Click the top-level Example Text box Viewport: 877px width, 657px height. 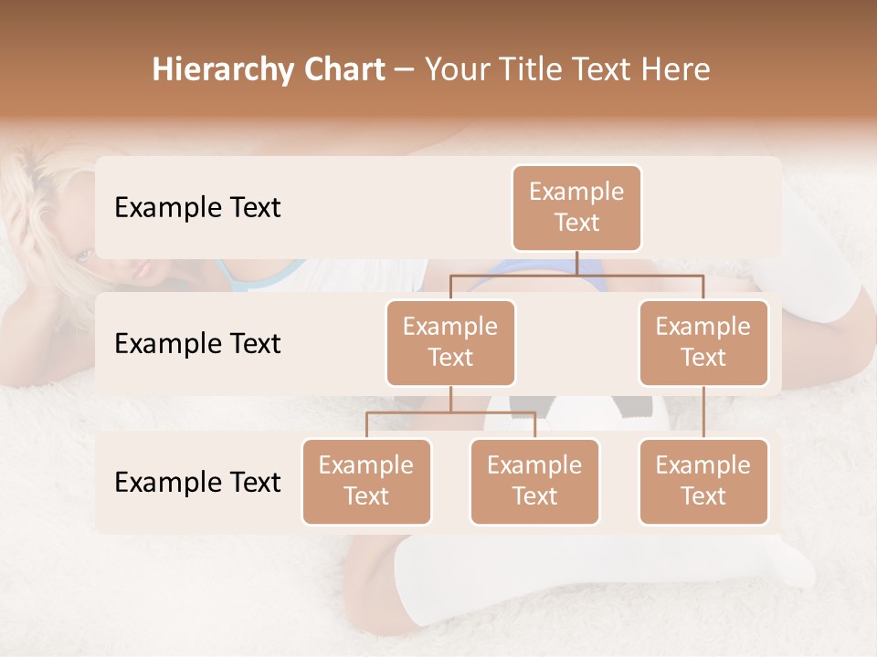576,208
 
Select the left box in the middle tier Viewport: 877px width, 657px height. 450,343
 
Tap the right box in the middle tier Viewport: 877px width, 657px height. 703,343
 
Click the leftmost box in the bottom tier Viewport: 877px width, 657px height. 366,482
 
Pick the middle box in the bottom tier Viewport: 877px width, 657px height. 534,482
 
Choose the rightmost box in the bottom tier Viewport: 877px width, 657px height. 703,482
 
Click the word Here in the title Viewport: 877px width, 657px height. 677,69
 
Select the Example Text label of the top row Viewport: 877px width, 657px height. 197,208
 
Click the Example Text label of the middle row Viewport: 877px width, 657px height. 197,344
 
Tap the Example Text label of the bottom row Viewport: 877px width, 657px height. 197,482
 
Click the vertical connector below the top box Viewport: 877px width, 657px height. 576,263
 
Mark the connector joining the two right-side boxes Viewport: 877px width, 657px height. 703,412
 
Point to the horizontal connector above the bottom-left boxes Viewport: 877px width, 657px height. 450,412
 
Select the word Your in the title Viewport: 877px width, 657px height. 457,69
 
